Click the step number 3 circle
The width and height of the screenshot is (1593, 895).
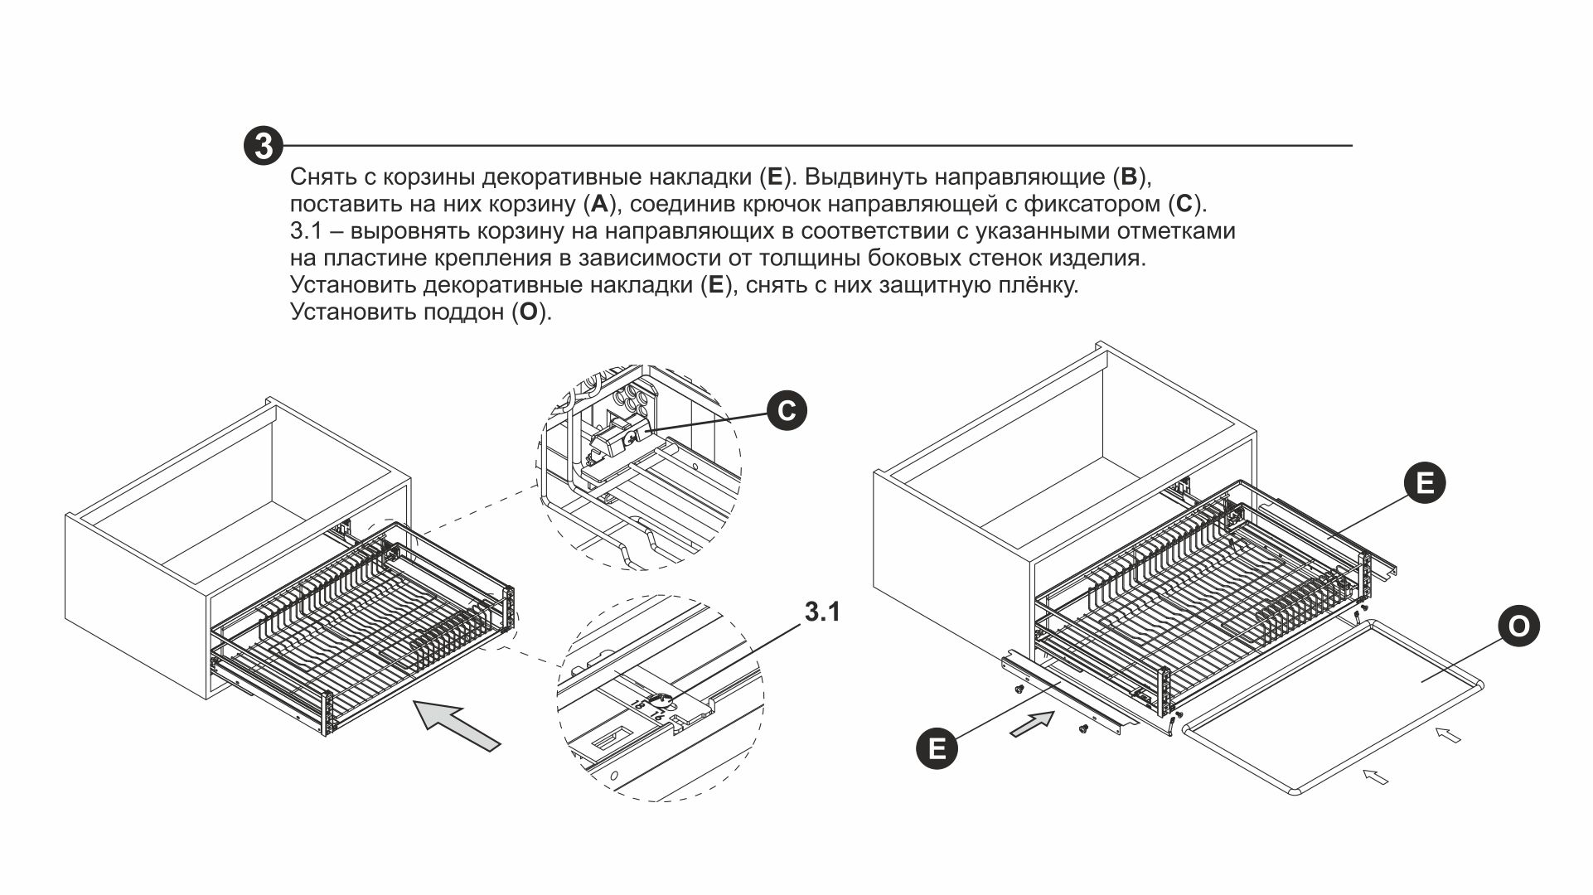[x=263, y=146]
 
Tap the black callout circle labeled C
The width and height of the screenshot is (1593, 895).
[x=786, y=411]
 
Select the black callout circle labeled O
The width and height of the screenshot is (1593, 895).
[x=1518, y=626]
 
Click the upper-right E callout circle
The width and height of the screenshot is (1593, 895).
[x=1425, y=482]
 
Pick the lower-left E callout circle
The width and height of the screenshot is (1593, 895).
[x=937, y=748]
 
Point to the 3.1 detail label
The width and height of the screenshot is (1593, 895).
[x=821, y=612]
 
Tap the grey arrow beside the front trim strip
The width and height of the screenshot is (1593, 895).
[x=1031, y=726]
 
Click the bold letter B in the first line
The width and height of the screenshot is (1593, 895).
[x=1130, y=177]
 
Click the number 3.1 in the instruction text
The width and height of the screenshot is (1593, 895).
[x=305, y=231]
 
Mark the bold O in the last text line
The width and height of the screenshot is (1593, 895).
[x=528, y=312]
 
